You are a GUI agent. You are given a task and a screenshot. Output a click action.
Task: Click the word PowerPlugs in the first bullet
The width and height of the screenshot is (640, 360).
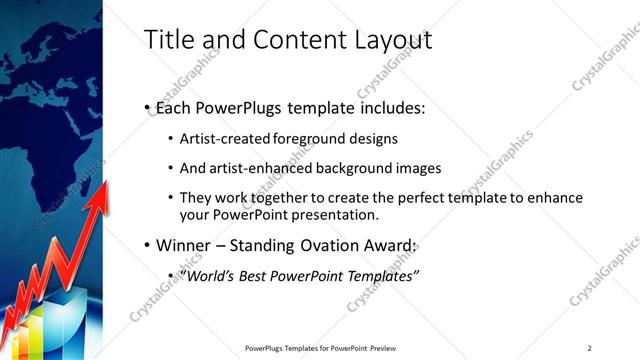pos(239,107)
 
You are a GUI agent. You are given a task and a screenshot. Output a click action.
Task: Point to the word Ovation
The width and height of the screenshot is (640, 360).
pos(337,246)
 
